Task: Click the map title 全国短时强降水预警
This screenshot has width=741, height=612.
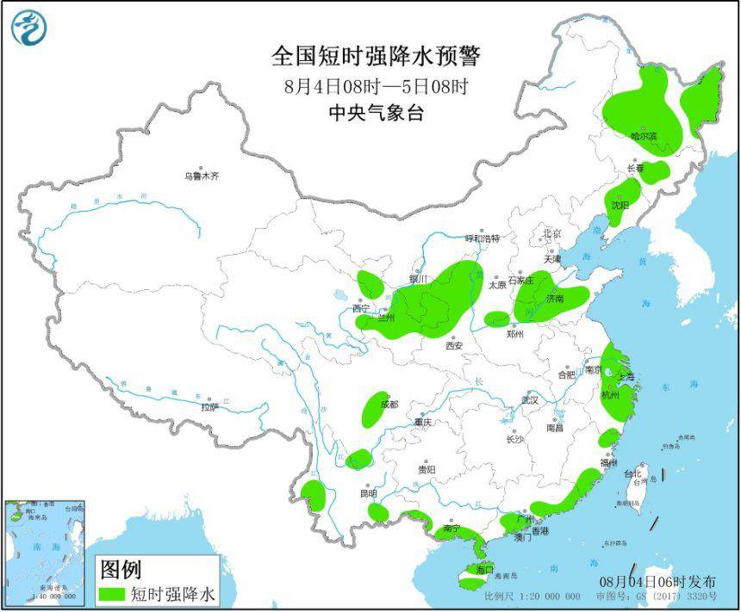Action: [376, 56]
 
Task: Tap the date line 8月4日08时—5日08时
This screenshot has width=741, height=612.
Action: [376, 86]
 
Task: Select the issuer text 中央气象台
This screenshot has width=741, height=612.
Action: [376, 113]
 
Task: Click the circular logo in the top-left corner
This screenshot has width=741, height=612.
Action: [28, 28]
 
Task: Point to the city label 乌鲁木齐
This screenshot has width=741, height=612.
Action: [202, 176]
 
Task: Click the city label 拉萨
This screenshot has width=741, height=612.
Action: [210, 407]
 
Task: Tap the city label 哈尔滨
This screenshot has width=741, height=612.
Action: [644, 136]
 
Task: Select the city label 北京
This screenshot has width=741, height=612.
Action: [551, 234]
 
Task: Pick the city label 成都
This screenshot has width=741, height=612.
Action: [389, 404]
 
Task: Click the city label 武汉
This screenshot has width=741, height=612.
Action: [529, 400]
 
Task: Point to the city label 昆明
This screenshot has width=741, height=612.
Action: [369, 494]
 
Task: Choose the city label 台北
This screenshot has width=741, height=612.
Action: [633, 473]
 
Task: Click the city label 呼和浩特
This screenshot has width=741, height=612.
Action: [483, 238]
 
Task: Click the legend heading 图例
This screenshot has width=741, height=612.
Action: [121, 570]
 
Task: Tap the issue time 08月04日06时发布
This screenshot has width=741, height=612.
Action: [657, 581]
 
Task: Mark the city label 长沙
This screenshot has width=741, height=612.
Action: [515, 439]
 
